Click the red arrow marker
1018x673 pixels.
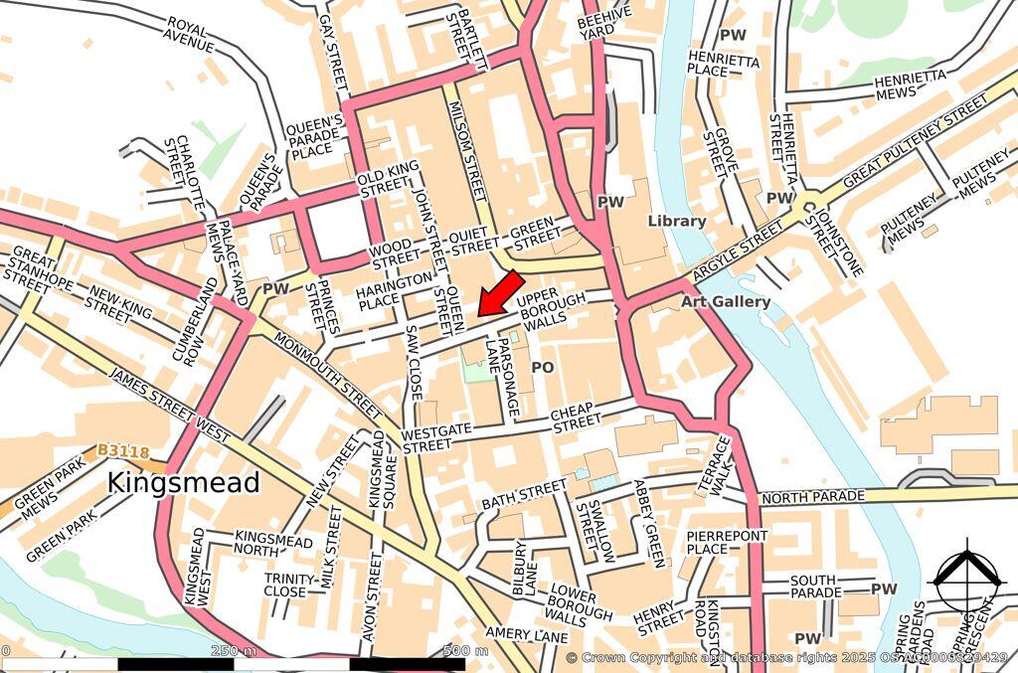pyautogui.click(x=501, y=293)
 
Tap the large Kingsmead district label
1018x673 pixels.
pyautogui.click(x=183, y=483)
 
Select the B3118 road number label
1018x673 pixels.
pyautogui.click(x=123, y=452)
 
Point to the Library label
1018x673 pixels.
pyautogui.click(x=676, y=221)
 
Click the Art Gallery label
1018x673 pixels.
pyautogui.click(x=726, y=301)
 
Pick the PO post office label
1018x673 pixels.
pyautogui.click(x=542, y=368)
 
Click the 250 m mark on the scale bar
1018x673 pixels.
pyautogui.click(x=234, y=652)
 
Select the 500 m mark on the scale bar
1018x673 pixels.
pyautogui.click(x=465, y=652)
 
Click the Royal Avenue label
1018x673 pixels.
pyautogui.click(x=190, y=36)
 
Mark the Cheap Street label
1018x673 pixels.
pyautogui.click(x=577, y=419)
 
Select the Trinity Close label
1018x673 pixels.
pyautogui.click(x=285, y=585)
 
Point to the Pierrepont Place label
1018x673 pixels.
pyautogui.click(x=727, y=543)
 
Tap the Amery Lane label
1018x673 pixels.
pyautogui.click(x=526, y=633)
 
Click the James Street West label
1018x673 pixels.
pyautogui.click(x=169, y=408)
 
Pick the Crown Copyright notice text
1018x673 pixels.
pyautogui.click(x=785, y=658)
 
